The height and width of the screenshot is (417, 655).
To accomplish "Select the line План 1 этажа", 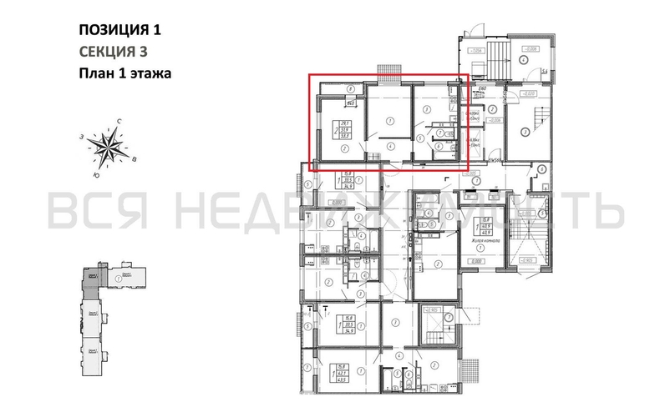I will click(x=124, y=73).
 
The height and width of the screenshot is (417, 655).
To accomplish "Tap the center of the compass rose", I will click(x=109, y=150).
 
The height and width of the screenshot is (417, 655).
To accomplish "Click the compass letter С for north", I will click(x=121, y=123).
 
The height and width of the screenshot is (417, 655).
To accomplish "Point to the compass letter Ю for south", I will click(x=97, y=176).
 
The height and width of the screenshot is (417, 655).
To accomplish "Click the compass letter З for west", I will click(x=83, y=138).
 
